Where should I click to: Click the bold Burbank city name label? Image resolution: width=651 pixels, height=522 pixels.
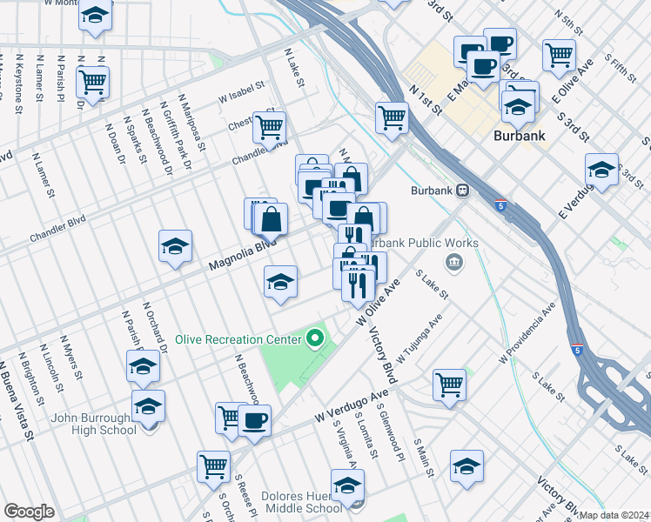(x=520, y=136)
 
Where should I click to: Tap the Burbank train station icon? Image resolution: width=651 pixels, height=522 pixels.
(x=464, y=190)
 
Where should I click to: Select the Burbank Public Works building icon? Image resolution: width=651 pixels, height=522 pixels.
(x=453, y=263)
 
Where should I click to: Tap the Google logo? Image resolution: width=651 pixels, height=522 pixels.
(x=29, y=512)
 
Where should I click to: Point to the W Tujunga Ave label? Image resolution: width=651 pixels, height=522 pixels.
(x=419, y=338)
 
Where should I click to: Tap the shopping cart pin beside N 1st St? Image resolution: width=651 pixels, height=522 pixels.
(x=393, y=117)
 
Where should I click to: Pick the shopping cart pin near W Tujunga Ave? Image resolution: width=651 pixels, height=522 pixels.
(x=449, y=385)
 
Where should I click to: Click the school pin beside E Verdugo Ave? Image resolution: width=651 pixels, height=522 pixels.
(x=601, y=170)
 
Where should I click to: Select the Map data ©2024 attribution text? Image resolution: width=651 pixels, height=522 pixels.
(x=614, y=515)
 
